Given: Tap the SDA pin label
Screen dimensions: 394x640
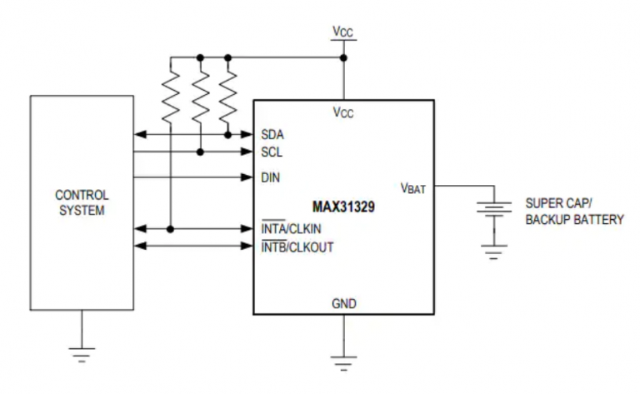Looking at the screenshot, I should tap(271, 133).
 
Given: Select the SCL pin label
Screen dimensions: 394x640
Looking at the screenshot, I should tap(271, 152).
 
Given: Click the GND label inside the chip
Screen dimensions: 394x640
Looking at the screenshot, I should tap(342, 303).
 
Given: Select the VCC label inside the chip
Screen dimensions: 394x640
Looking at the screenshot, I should tap(342, 113).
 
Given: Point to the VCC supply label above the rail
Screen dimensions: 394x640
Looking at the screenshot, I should tap(342, 32).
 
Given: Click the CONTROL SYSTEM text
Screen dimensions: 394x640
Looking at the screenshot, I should tap(81, 202).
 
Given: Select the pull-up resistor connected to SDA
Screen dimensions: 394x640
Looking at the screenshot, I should tap(227, 93).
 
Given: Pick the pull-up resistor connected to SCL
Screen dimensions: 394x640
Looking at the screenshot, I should tap(199, 93).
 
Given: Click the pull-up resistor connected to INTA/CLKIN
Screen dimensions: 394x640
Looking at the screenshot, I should tap(170, 93).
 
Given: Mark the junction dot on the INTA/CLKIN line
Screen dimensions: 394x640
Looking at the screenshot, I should tap(170, 228).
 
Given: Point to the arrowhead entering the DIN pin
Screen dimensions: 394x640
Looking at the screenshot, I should tap(247, 177).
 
